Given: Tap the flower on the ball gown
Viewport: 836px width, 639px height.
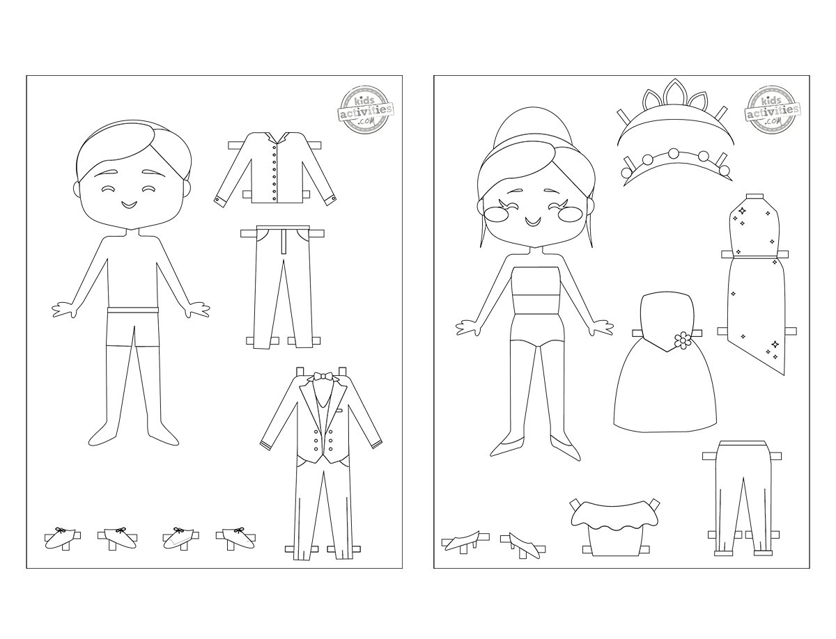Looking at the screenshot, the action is pyautogui.click(x=682, y=340).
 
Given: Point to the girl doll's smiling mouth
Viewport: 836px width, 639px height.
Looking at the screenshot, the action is pyautogui.click(x=531, y=221).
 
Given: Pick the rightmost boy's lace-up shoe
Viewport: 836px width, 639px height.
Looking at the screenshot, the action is pyautogui.click(x=235, y=539).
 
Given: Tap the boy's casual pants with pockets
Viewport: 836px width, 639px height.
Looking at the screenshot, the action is pyautogui.click(x=283, y=287).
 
